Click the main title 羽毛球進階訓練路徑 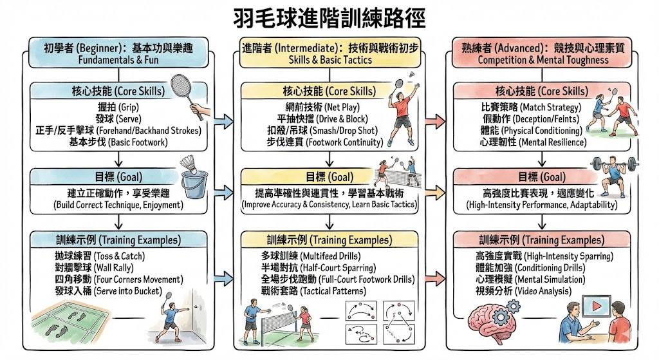point(329,17)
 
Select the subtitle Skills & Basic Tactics point(330,59)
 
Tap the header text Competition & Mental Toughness point(543,59)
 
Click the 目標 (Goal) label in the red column point(543,176)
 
